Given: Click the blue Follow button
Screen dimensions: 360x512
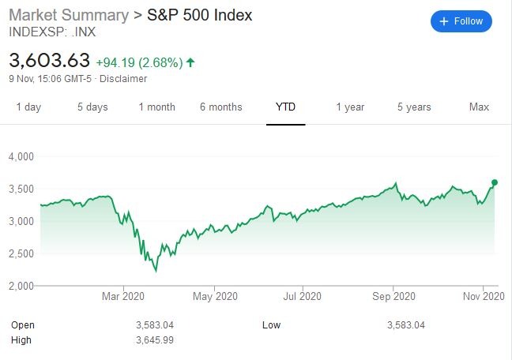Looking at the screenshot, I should point(461,21).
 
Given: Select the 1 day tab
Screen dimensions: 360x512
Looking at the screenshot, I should point(28,107).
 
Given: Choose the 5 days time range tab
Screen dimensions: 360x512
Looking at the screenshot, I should point(92,107).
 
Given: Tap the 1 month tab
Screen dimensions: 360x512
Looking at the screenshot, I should point(156,107).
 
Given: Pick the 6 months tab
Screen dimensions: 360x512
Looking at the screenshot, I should point(221,107).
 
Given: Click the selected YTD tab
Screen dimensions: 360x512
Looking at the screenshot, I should point(285,107).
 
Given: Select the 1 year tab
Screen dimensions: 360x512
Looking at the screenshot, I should point(350,107).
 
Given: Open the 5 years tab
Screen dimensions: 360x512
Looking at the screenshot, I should point(414,107).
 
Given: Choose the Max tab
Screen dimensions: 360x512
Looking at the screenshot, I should point(479,107).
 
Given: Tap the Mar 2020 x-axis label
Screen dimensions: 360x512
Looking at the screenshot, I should point(123,297).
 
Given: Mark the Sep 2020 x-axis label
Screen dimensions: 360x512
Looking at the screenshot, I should point(393,297).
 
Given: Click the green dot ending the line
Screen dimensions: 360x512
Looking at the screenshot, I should point(495,182).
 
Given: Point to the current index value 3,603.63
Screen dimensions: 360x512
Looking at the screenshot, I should point(49,60).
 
